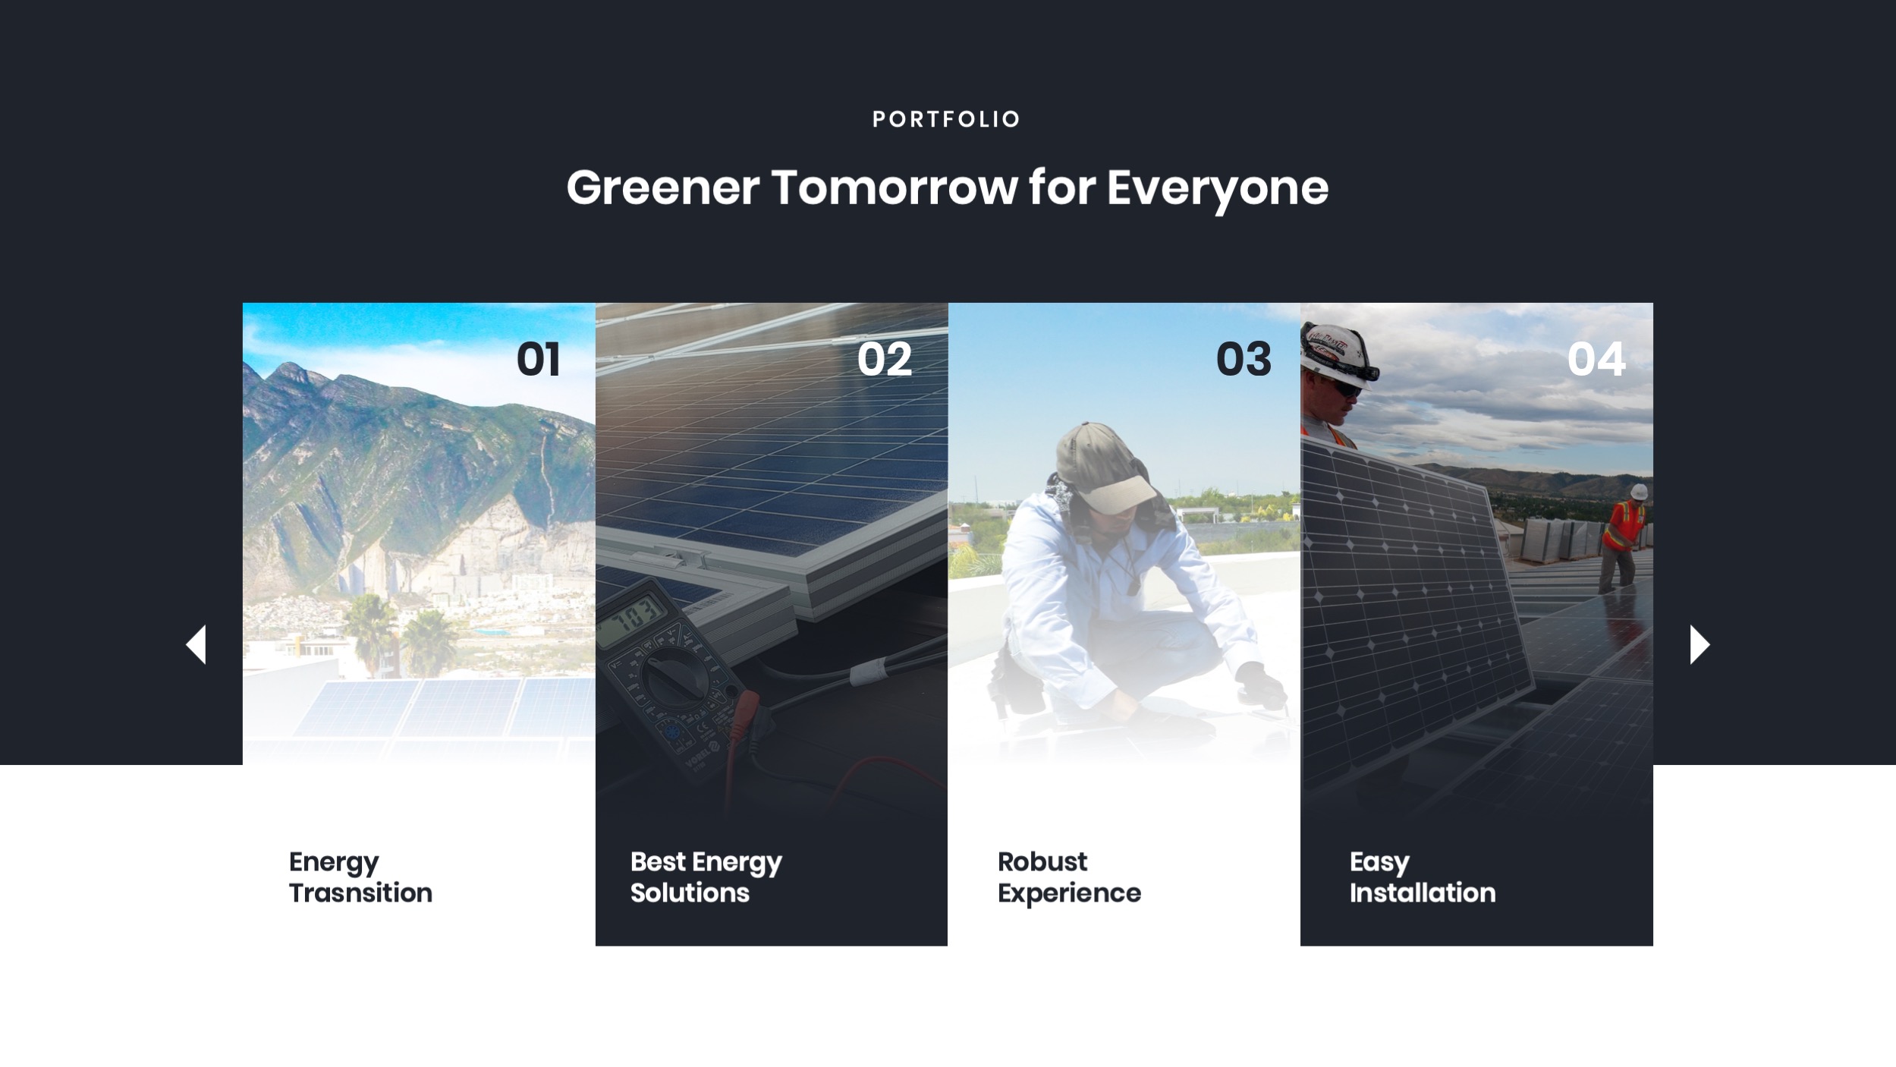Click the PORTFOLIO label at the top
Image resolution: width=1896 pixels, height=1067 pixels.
coord(946,119)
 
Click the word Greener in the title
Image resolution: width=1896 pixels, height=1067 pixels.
coord(662,187)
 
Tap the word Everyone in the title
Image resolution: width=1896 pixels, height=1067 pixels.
coord(1217,187)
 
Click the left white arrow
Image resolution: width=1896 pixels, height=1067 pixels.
coord(197,645)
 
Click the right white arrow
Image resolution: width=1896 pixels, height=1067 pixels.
coord(1699,645)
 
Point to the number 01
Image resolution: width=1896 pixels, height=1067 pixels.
coord(538,359)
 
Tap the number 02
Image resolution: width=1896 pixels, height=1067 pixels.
coord(884,359)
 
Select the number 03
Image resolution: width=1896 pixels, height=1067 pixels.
coord(1243,359)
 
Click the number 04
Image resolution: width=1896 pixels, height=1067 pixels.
coord(1596,359)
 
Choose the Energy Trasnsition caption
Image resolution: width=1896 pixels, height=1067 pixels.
coord(360,877)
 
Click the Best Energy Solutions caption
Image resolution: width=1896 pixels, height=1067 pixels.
coord(706,877)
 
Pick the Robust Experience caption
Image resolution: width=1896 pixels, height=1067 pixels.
coord(1068,877)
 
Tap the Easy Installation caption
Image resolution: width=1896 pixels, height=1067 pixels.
coord(1422,877)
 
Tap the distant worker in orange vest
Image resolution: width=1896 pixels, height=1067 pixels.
coord(1625,535)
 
